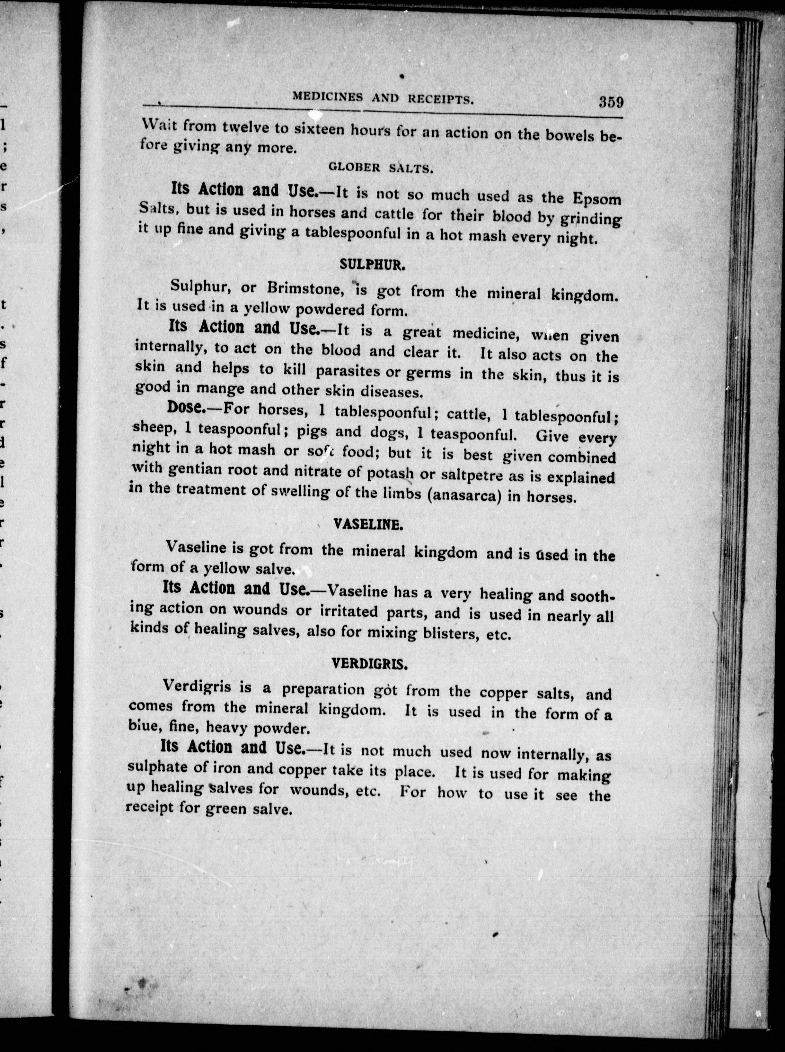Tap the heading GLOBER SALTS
(x=380, y=168)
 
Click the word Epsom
(x=597, y=198)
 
